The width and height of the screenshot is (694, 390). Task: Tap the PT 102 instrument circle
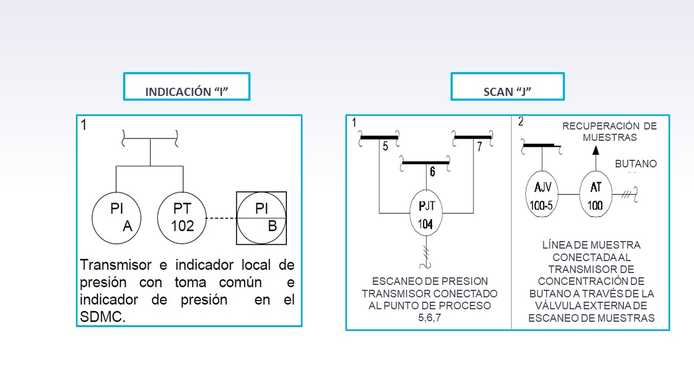coord(183,217)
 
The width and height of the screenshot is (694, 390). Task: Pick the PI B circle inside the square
coord(262,218)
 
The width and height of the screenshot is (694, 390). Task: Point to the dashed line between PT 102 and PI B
coord(222,218)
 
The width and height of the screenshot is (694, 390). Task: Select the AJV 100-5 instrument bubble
coord(542,195)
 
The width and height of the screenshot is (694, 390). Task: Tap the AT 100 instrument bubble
coord(595,195)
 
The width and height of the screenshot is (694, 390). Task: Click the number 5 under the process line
coord(385,146)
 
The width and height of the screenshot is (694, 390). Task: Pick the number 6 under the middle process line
coord(432,172)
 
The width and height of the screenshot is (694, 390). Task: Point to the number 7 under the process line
coord(479,146)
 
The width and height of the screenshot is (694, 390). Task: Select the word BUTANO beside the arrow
coord(635,164)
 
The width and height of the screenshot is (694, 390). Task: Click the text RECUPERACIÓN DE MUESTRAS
coord(609,132)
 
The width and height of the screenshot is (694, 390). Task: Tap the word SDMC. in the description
coord(102,317)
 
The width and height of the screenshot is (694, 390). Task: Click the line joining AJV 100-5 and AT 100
coord(569,194)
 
